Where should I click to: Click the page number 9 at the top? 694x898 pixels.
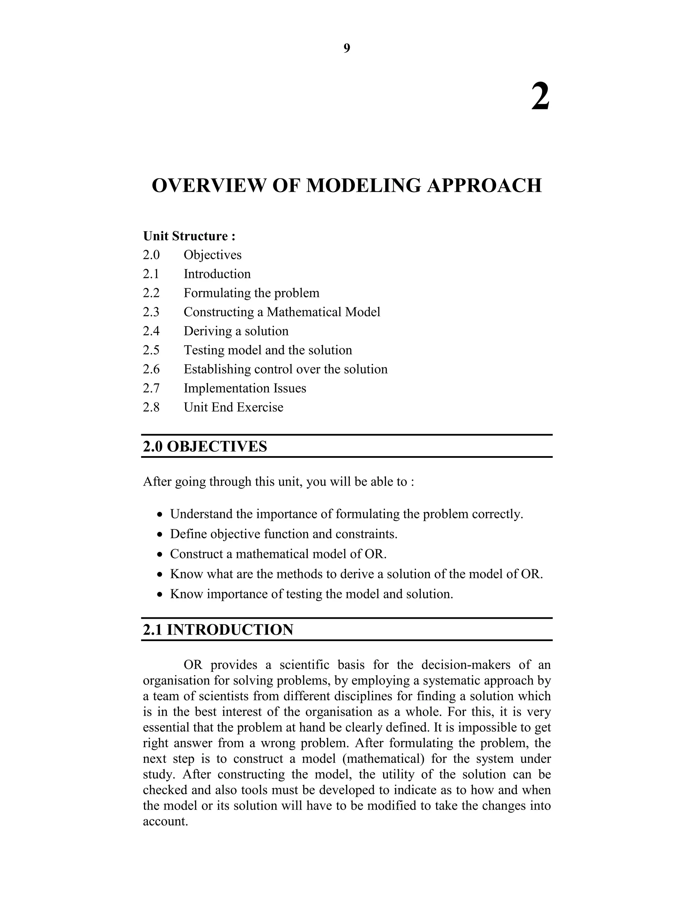(x=347, y=48)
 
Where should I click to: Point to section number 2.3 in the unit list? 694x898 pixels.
(x=151, y=312)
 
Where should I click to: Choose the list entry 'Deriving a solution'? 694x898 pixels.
(x=236, y=331)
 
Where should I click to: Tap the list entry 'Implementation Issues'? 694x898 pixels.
(x=245, y=388)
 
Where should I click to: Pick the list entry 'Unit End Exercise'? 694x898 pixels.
(x=233, y=407)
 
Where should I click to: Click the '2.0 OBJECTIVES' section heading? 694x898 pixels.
(x=205, y=447)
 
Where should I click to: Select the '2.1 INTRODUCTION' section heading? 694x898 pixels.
(x=218, y=630)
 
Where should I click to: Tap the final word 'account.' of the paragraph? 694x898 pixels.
(x=165, y=821)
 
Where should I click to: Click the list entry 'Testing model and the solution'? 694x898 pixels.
(x=268, y=350)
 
